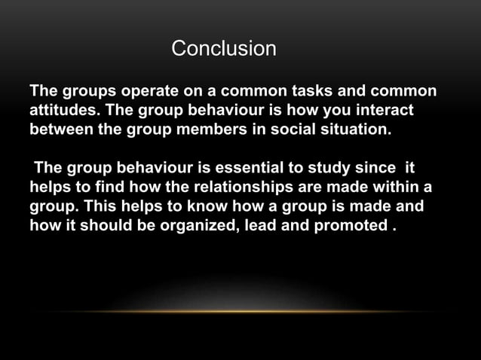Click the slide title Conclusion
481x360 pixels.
tap(224, 49)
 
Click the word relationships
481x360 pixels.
tap(250, 187)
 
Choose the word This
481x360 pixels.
tap(98, 205)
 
